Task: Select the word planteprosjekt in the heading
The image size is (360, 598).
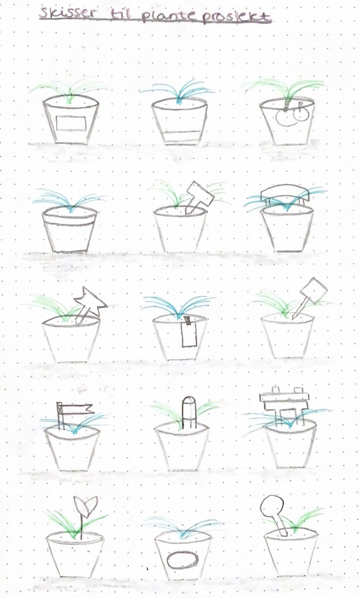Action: coord(206,17)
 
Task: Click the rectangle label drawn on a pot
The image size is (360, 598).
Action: coord(71,123)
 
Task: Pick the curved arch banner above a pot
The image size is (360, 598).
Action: coord(285,193)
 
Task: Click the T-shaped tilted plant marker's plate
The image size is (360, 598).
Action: coord(200,194)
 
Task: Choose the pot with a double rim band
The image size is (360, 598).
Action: coord(69,230)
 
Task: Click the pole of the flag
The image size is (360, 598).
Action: coord(60,415)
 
